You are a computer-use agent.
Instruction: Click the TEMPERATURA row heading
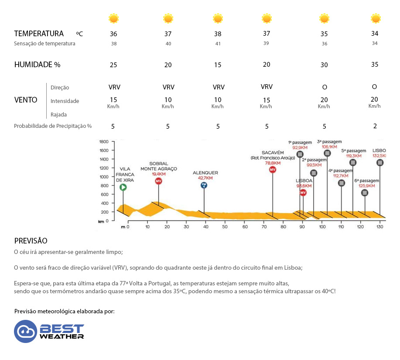point(39,34)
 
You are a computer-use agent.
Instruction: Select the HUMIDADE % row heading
point(37,65)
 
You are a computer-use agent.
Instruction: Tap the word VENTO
point(26,100)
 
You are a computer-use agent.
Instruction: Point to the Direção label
point(60,87)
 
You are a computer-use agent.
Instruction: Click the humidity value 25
point(113,65)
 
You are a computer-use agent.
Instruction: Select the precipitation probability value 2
point(375,126)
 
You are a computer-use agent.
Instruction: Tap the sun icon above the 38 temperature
point(218,18)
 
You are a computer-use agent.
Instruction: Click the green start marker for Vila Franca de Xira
point(123,187)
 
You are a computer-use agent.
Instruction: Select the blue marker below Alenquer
point(204,185)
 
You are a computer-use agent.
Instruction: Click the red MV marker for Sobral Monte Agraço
point(158,181)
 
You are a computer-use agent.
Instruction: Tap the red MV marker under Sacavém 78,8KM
point(273,169)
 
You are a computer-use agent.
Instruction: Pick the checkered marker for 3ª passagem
point(327,153)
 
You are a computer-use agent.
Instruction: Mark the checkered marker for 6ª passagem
point(365,192)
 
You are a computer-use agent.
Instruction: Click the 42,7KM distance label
point(205,178)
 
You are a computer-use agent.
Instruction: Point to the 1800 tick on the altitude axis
point(104,142)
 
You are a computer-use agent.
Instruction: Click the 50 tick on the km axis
point(225,227)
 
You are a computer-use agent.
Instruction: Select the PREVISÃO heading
point(31,241)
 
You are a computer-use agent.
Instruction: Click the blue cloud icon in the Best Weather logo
point(25,331)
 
